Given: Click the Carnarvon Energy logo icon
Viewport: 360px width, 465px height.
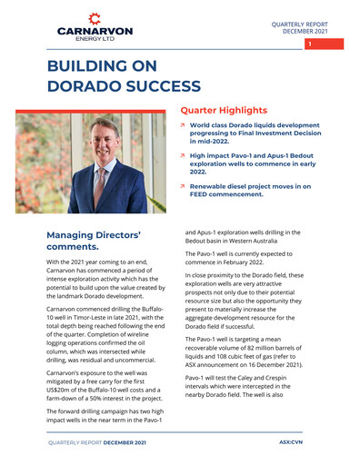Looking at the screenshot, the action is coord(89,18).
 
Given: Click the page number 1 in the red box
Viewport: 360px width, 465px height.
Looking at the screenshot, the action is coord(309,44).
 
